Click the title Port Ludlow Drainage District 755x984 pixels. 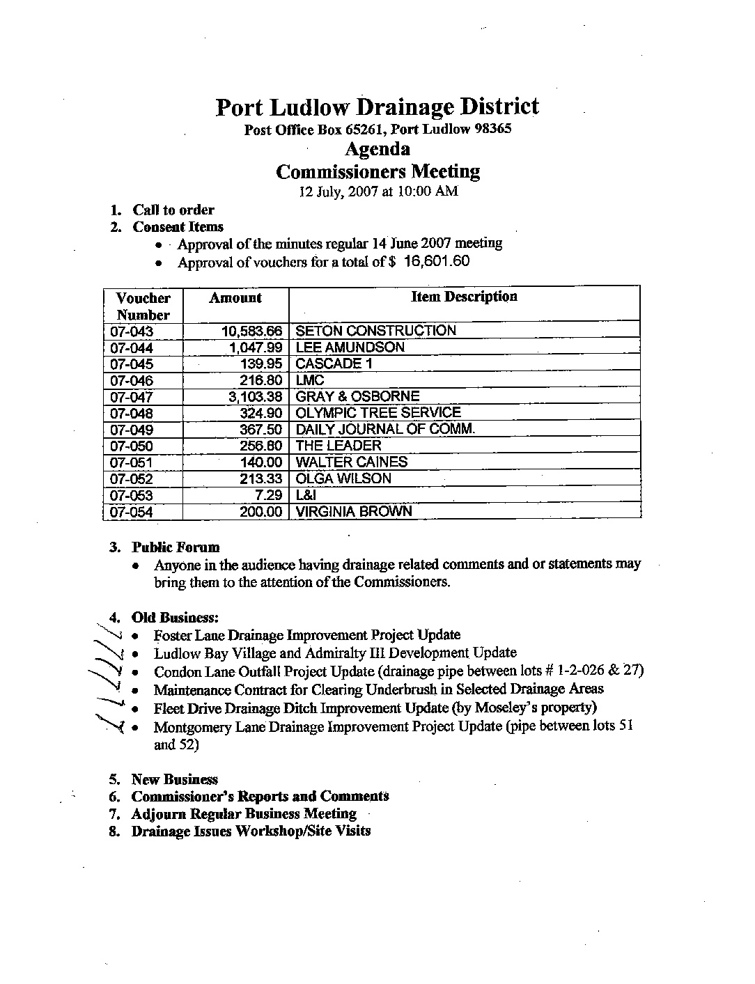coord(377,107)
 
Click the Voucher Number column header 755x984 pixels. coord(143,306)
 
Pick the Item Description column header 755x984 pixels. coord(464,297)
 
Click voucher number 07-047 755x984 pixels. coord(132,397)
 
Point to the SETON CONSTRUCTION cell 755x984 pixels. coord(375,331)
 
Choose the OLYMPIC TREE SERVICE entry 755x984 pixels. coord(378,413)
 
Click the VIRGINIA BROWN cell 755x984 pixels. coord(354,512)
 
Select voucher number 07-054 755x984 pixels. coord(132,512)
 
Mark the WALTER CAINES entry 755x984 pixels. coord(352,462)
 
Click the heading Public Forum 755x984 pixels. coord(176,547)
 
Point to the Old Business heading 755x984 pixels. coord(176,618)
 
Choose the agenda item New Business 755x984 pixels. coord(174,780)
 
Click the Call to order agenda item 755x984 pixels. coord(173,210)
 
